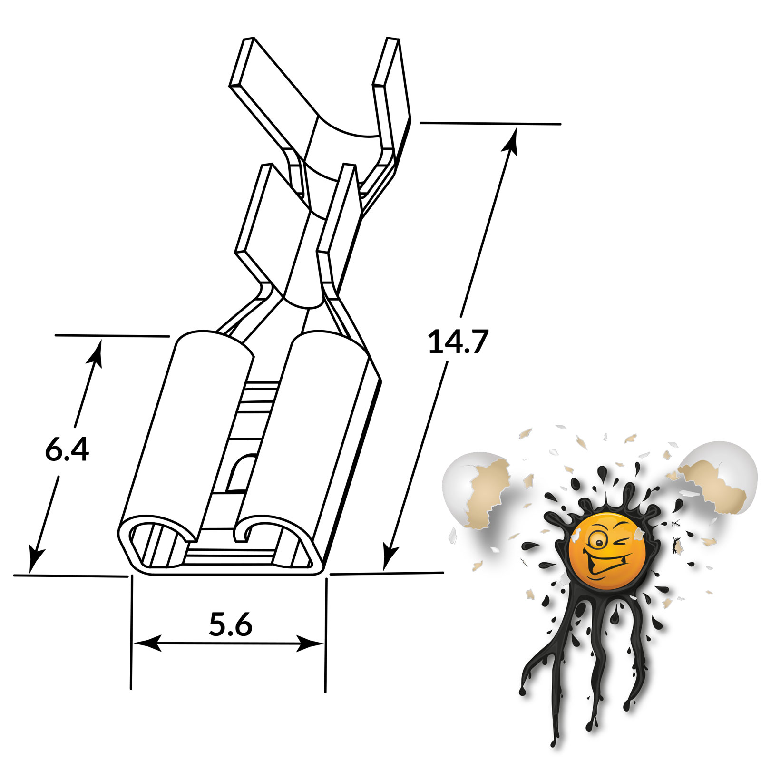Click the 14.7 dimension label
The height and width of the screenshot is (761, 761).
point(458,341)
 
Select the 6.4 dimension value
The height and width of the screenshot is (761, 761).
point(67,449)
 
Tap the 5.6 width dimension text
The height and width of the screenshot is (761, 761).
point(231,624)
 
